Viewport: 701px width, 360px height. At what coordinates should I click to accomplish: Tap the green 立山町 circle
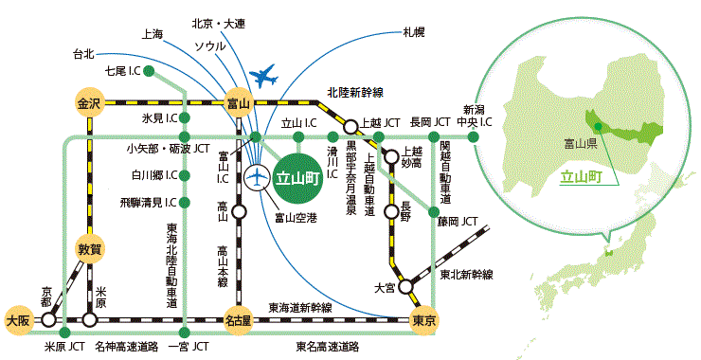pyautogui.click(x=297, y=176)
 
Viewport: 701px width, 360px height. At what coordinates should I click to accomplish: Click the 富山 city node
pyautogui.click(x=238, y=103)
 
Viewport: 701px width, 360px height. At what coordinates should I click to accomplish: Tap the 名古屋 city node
pyautogui.click(x=238, y=320)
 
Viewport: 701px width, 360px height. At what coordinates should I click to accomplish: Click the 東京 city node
pyautogui.click(x=423, y=320)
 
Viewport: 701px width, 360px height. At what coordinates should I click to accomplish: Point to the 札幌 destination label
pyautogui.click(x=414, y=32)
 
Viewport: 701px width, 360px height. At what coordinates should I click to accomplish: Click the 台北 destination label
pyautogui.click(x=84, y=54)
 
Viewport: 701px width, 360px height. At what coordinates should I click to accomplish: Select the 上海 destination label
pyautogui.click(x=152, y=34)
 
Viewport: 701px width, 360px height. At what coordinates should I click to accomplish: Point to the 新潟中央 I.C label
pyautogui.click(x=476, y=117)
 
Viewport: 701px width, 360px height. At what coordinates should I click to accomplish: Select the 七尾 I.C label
pyautogui.click(x=123, y=72)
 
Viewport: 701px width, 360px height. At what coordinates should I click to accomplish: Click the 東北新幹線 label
pyautogui.click(x=467, y=275)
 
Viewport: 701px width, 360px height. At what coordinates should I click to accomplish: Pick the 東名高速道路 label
pyautogui.click(x=325, y=347)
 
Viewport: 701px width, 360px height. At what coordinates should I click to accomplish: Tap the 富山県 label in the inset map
pyautogui.click(x=579, y=145)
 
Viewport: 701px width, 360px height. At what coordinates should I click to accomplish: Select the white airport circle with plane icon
pyautogui.click(x=257, y=176)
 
